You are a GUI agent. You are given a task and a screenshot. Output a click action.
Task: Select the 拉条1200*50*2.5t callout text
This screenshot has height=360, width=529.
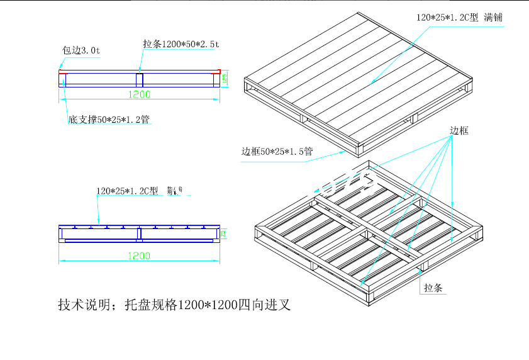pos(181,44)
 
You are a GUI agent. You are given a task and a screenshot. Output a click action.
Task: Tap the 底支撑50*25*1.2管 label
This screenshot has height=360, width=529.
pos(108,118)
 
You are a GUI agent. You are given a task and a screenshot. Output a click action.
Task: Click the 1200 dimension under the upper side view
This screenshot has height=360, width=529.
pos(139,94)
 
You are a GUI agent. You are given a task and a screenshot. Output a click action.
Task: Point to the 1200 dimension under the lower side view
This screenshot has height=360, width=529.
pos(139,256)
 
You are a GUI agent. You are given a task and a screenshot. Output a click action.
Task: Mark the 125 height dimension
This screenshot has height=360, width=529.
pos(224,79)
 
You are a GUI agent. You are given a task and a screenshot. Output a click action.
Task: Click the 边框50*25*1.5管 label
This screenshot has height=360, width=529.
pos(277,152)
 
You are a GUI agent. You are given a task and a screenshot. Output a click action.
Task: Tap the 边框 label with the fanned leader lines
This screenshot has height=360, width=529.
pos(459,131)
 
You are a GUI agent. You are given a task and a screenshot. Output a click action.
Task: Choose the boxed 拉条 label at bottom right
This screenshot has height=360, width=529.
pos(433,288)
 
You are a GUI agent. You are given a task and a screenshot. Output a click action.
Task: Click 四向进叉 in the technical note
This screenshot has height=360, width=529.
pos(264,306)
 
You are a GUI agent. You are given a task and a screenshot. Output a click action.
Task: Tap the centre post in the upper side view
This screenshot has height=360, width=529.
pos(140,80)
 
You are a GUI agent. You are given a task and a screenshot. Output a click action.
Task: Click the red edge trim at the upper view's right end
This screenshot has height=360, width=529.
pos(218,71)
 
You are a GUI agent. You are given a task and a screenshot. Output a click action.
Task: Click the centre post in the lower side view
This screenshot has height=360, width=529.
pos(139,233)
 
